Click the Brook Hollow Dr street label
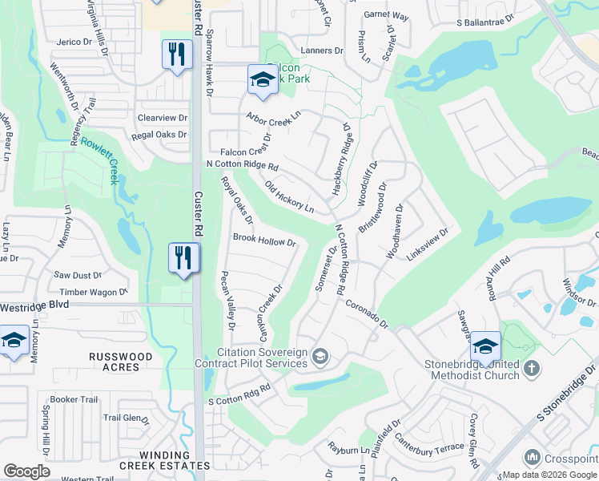pos(264,240)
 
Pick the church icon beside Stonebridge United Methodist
pos(533,369)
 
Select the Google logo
pos(26,471)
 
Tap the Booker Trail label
pos(74,400)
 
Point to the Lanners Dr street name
pos(321,51)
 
